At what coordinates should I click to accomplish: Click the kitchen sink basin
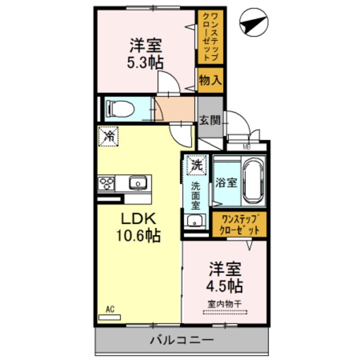tap(137, 183)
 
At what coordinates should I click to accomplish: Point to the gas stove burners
tap(106, 183)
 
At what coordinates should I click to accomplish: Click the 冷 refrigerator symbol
tap(109, 136)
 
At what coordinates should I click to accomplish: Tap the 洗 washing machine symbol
tap(196, 165)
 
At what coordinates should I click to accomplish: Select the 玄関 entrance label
tap(210, 120)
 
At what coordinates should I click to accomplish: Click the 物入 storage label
tap(210, 80)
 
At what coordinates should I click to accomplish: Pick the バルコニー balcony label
tap(181, 340)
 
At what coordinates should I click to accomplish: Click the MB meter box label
tap(246, 147)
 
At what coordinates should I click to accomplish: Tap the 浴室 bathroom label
tap(226, 183)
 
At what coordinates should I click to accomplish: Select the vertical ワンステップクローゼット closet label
tap(210, 37)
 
